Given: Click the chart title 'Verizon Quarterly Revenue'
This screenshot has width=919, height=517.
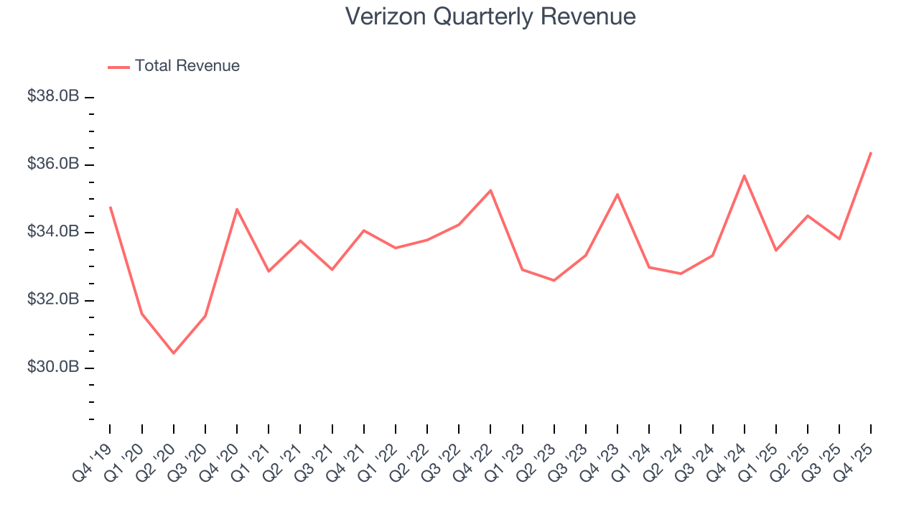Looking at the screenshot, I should (490, 17).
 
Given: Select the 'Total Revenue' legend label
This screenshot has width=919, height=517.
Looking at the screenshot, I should (187, 66).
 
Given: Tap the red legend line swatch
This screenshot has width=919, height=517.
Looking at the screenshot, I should (118, 67).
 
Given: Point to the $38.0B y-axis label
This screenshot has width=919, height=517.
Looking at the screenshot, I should (53, 96).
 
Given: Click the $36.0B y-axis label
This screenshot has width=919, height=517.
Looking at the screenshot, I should (53, 164).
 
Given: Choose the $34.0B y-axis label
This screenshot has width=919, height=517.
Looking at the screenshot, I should (53, 232).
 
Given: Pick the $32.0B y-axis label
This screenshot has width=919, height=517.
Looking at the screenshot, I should (53, 299).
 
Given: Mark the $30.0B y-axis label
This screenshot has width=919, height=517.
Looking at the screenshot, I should (53, 367).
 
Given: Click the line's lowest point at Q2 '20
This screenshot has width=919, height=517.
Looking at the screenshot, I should (174, 353).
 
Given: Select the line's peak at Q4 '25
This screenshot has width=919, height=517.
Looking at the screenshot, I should (871, 152).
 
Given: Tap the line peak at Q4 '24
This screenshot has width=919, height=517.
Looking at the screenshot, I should (744, 175).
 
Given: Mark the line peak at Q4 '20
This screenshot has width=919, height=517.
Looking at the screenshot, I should (237, 209).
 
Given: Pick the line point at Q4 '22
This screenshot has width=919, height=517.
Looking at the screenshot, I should (490, 190).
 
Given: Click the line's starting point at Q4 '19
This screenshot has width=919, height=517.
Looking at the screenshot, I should (110, 207).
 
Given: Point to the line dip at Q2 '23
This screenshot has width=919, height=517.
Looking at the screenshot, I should (554, 280).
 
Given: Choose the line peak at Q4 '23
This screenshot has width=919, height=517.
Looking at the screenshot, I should (617, 194).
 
